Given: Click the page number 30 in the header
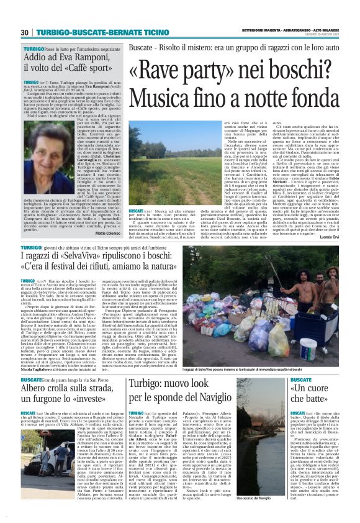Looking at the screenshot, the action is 25,32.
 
